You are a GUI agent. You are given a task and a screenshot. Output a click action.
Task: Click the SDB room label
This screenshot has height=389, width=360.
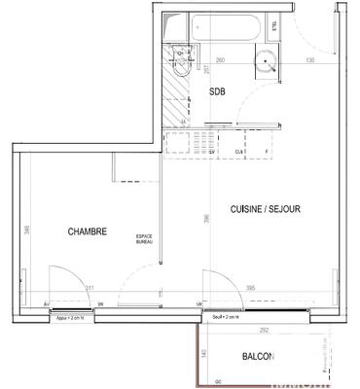[220, 92]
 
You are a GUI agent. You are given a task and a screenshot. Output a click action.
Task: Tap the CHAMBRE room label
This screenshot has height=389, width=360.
[87, 231]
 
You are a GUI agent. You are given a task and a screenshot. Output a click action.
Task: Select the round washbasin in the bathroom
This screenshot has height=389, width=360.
[267, 65]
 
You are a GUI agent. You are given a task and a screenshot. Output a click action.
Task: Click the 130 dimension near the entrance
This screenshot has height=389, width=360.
[309, 60]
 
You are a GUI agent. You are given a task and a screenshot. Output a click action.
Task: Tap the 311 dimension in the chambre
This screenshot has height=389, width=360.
[90, 289]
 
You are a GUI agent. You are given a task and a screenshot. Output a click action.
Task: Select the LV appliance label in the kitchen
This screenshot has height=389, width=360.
[212, 152]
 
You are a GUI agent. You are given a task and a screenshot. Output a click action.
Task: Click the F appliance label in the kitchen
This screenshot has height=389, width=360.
[266, 152]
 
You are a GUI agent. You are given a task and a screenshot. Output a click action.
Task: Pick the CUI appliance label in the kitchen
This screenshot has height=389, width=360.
[238, 152]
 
